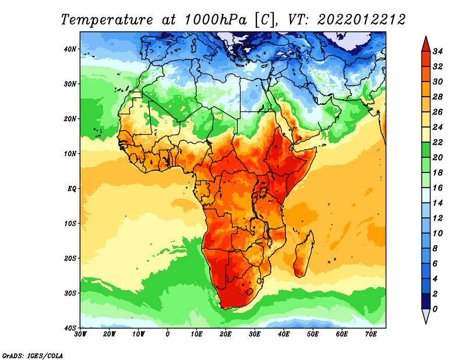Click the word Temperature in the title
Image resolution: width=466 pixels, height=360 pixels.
pos(107,20)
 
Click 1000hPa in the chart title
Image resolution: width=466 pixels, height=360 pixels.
pos(216,20)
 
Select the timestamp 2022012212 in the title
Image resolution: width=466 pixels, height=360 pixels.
pos(361,20)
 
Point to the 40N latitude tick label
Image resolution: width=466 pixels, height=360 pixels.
pos(70,49)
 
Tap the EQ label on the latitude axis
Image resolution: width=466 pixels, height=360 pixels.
pos(72,189)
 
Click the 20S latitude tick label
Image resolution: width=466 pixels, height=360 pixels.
pos(70,258)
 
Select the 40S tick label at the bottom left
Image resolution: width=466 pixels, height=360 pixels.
pos(70,328)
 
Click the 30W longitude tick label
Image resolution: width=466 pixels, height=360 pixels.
pos(80,334)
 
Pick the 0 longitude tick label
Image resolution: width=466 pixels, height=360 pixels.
pos(168,334)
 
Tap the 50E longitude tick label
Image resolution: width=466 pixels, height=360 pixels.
pos(313,334)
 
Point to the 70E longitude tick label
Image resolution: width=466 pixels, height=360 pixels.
pos(371,334)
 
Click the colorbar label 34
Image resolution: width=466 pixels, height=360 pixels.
pos(437,51)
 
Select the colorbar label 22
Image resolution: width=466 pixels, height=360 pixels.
pos(437,142)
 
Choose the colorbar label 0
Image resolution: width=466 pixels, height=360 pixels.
pos(435,309)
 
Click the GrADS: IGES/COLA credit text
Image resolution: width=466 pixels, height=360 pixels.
pos(33,355)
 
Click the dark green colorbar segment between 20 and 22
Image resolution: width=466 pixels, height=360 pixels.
pos(426,150)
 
